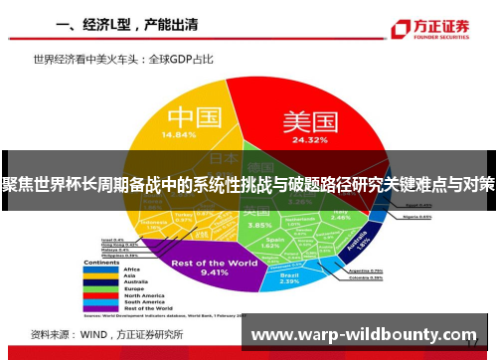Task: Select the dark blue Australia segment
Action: coord(363,242)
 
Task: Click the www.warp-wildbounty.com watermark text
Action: coord(366,335)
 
